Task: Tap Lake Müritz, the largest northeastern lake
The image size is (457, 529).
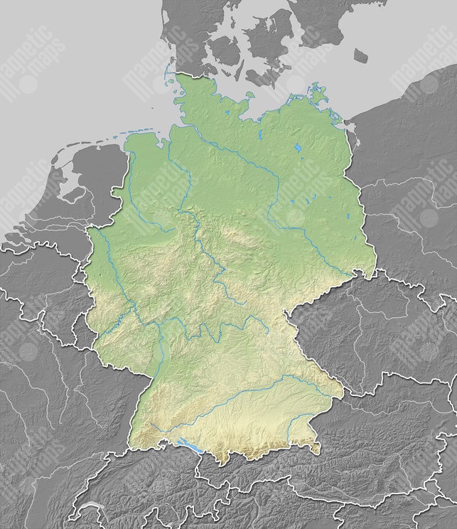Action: click(297, 149)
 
